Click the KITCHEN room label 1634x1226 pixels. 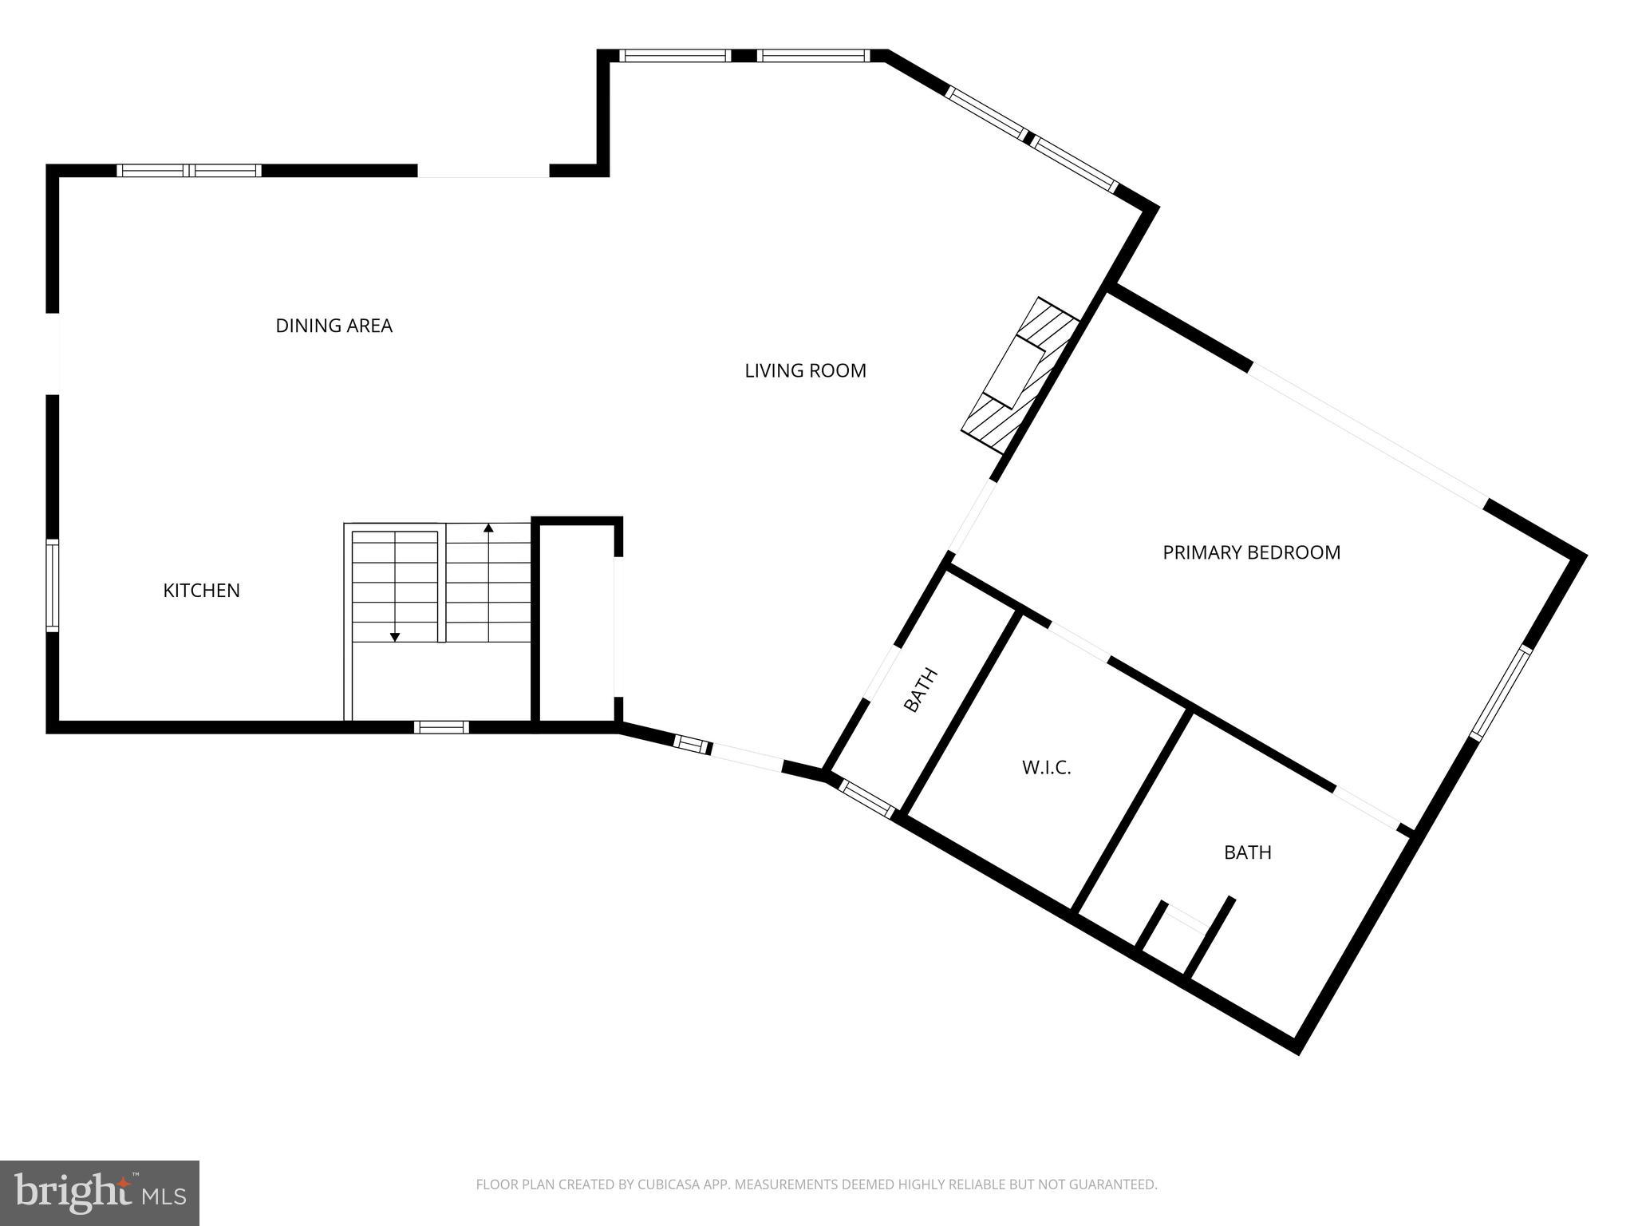(x=201, y=591)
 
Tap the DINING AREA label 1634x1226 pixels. (x=334, y=326)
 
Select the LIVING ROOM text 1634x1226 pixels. (x=805, y=370)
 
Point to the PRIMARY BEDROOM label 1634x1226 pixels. (x=1251, y=552)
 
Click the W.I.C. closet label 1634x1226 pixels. (x=1046, y=768)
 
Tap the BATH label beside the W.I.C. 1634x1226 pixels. (x=1247, y=852)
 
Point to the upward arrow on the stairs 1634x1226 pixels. (x=488, y=528)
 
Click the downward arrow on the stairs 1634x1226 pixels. (x=394, y=636)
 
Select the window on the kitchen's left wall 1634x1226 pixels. (x=52, y=585)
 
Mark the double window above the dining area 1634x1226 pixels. (x=189, y=170)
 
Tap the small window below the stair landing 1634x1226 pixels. (x=441, y=726)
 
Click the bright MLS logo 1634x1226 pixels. (x=100, y=1192)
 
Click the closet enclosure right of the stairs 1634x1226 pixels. (x=576, y=623)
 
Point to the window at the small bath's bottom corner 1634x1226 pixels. (x=866, y=799)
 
